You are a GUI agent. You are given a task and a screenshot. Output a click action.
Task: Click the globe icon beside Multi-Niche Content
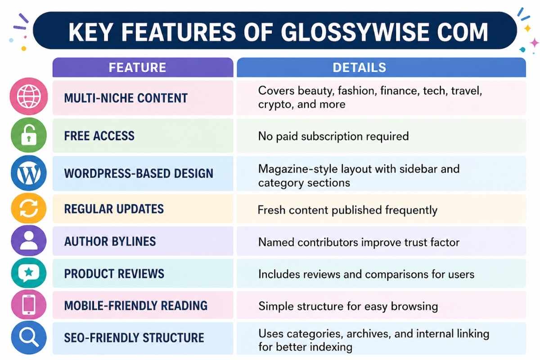[x=29, y=96]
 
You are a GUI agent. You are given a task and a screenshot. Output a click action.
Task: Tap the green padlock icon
[x=29, y=135]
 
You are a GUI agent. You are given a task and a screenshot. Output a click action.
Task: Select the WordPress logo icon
[x=29, y=173]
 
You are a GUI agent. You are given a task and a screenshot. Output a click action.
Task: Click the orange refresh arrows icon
[x=29, y=208]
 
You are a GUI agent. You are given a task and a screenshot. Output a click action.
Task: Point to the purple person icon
[x=29, y=241]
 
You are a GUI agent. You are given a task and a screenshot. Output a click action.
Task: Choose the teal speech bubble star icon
[x=29, y=273]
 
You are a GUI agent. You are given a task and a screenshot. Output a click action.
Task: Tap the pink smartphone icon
[x=29, y=306]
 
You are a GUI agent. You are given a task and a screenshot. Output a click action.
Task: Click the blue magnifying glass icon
[x=29, y=337]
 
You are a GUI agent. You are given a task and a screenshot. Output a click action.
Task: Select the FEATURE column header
[x=137, y=67]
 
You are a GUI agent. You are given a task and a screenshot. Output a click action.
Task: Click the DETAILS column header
[x=359, y=67]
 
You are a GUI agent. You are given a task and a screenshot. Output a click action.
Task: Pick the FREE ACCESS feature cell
[x=99, y=135]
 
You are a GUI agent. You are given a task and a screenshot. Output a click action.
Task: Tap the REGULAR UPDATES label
[x=114, y=209]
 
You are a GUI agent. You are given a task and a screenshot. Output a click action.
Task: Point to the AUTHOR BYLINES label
[x=110, y=241]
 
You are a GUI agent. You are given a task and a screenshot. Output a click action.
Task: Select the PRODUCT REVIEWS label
[x=114, y=274]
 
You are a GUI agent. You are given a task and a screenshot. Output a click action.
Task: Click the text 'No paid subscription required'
[x=333, y=136]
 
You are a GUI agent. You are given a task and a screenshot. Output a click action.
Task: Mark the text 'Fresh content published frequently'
[x=347, y=210]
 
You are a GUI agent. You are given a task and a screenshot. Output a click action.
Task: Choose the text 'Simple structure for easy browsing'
[x=348, y=306]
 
